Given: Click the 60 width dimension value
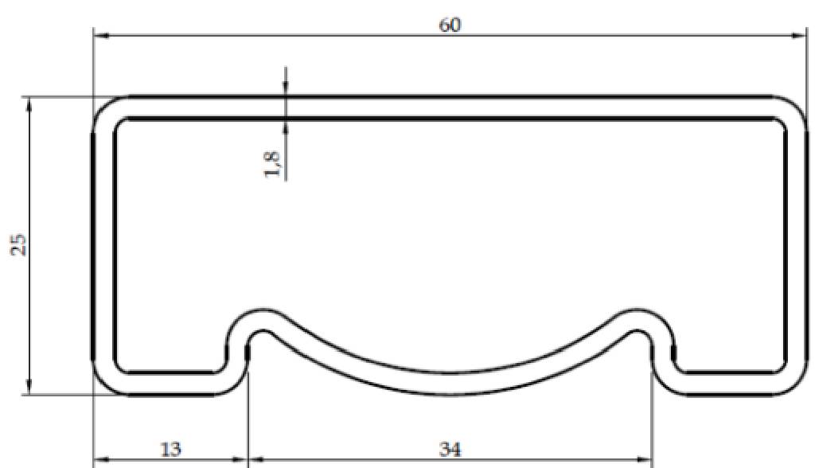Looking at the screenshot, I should click(x=450, y=25).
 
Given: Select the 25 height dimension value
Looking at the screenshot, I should click(x=19, y=244).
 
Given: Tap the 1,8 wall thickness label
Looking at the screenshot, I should click(x=274, y=163).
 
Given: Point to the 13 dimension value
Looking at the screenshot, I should click(x=170, y=450).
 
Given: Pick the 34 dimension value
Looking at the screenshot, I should click(x=450, y=450).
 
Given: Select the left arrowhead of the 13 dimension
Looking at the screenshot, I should click(x=100, y=460).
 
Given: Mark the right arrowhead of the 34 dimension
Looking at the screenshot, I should click(x=645, y=460).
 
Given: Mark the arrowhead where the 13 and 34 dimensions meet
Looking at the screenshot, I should click(x=248, y=460).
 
